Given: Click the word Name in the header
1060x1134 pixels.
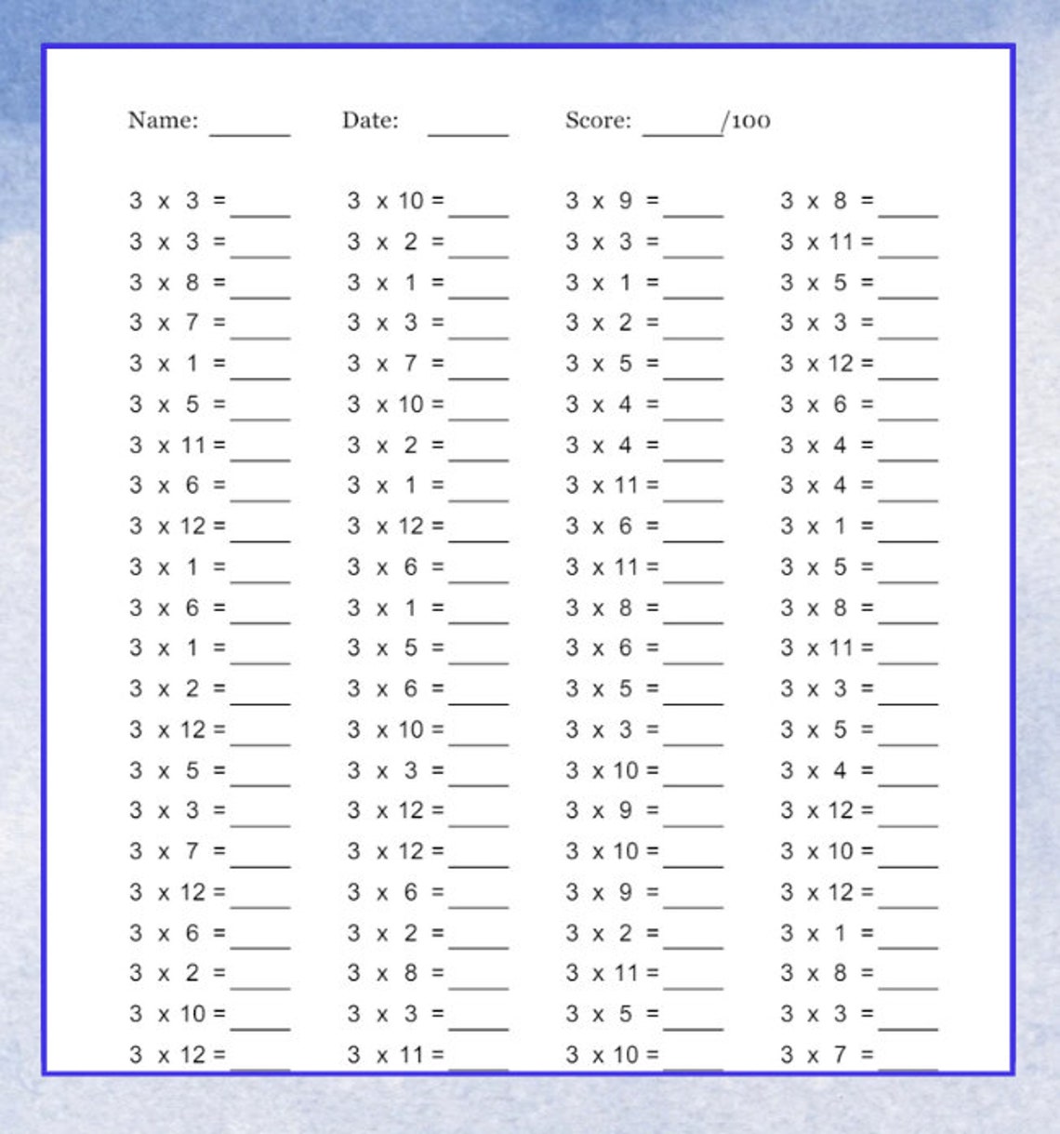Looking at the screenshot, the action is pyautogui.click(x=163, y=120).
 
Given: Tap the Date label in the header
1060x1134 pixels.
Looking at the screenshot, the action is pyautogui.click(x=370, y=120).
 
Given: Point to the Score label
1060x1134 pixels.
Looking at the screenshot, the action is pyautogui.click(x=598, y=120).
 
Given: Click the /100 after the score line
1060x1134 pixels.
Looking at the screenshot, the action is pyautogui.click(x=748, y=121).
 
